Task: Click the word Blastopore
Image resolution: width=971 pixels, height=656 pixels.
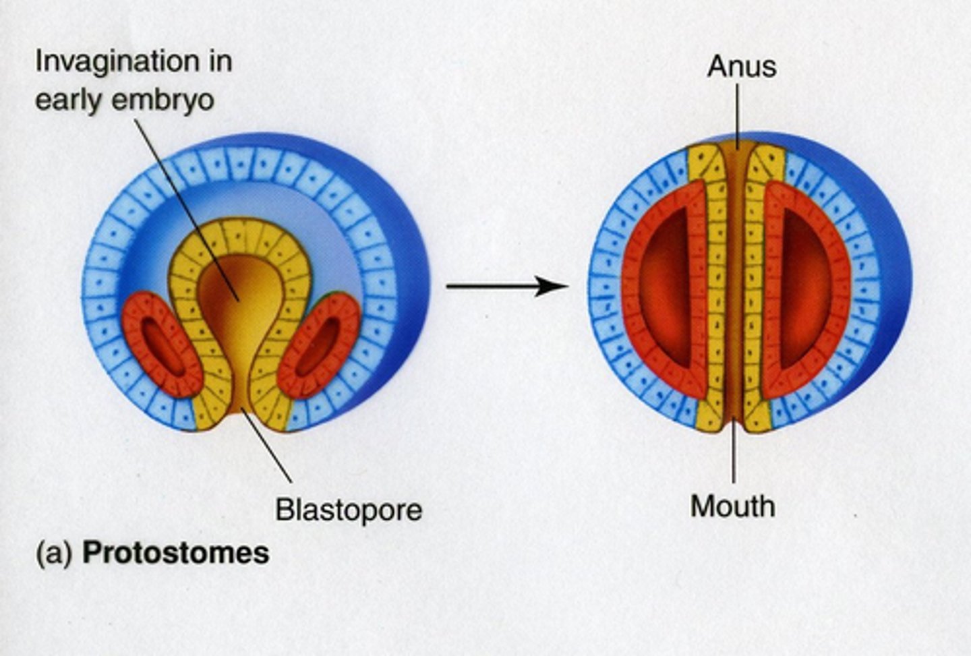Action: click(x=348, y=509)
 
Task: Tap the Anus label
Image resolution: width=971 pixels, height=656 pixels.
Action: click(x=742, y=67)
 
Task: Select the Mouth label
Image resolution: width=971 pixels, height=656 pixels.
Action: click(x=732, y=506)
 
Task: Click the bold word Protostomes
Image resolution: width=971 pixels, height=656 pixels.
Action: click(x=175, y=553)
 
